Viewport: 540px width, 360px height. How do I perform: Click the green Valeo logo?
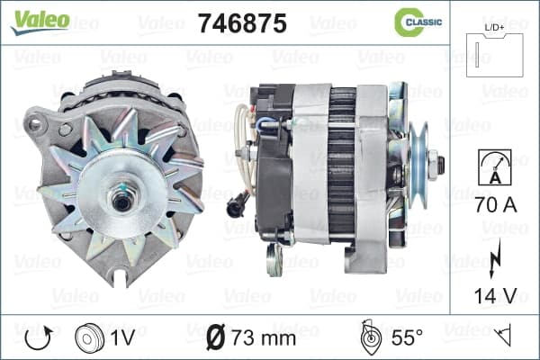click(40, 22)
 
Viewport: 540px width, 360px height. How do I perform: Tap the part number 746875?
click(242, 23)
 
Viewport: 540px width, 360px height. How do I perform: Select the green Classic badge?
click(418, 22)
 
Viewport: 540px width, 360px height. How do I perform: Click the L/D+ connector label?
click(494, 28)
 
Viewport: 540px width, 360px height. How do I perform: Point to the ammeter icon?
click(495, 167)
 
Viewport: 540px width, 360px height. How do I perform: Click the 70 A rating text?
click(496, 204)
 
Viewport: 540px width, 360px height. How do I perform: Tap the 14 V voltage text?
click(496, 295)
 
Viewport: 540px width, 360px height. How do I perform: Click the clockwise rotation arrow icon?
click(39, 338)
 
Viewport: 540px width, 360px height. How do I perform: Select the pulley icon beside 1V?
click(89, 338)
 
